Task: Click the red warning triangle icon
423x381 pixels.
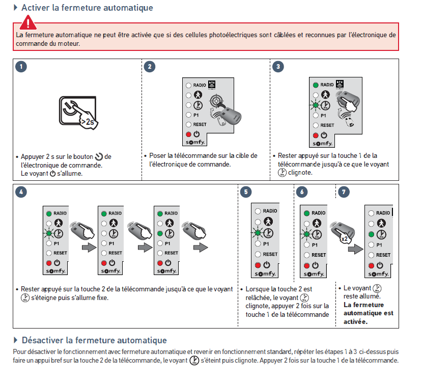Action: coord(28,22)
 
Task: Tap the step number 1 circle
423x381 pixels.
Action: coord(21,67)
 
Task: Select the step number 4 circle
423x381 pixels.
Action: coord(21,192)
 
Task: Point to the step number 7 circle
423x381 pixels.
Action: coord(345,192)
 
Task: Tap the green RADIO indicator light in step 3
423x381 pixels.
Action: coord(316,85)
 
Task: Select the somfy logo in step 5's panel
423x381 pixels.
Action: coord(267,276)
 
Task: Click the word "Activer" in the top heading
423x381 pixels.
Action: coord(37,8)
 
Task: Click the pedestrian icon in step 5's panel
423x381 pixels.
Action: coord(268,222)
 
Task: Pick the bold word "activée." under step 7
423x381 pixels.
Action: coord(355,321)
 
